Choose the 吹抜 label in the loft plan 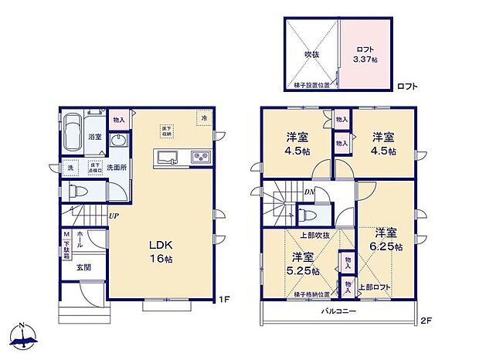311,54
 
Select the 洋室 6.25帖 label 386,239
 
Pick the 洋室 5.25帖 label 302,263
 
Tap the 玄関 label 83,267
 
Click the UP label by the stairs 114,216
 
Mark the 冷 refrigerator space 204,118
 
